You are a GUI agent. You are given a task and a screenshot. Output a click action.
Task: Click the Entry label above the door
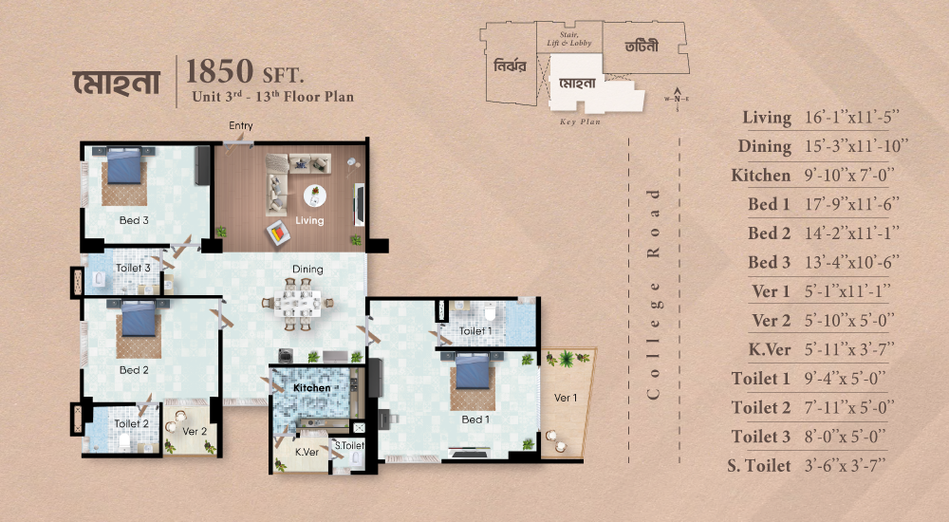point(241,125)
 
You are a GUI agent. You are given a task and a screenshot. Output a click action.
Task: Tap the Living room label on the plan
point(309,220)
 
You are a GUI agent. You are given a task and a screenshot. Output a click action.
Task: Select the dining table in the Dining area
point(297,304)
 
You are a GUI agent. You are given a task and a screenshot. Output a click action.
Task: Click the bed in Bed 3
point(124,166)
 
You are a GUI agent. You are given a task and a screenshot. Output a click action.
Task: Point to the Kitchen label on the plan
point(311,387)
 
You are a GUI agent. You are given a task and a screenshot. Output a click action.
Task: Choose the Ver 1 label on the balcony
point(566,398)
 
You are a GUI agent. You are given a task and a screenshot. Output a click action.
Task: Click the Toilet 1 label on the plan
point(475,330)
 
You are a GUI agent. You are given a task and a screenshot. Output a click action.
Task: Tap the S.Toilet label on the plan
point(350,445)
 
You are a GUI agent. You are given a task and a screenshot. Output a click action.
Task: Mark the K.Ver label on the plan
point(307,452)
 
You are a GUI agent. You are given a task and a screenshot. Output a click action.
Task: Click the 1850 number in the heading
point(220,71)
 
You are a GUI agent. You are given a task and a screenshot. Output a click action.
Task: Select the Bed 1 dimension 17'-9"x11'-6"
point(851,204)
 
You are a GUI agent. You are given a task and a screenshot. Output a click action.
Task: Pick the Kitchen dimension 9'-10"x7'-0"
point(848,175)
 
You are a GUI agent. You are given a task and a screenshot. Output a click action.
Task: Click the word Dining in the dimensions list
point(764,146)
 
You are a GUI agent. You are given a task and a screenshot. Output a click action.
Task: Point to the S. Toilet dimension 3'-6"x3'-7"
point(845,466)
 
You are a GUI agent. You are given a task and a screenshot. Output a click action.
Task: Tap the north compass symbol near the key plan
point(677,99)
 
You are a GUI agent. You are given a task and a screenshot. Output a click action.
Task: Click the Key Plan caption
point(580,121)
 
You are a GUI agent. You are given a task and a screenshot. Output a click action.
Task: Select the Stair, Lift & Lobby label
point(568,39)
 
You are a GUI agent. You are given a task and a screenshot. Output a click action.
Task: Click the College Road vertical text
point(653,293)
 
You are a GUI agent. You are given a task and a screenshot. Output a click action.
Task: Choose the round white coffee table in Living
point(315,196)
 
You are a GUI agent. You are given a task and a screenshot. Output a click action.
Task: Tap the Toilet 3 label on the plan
point(133,268)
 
